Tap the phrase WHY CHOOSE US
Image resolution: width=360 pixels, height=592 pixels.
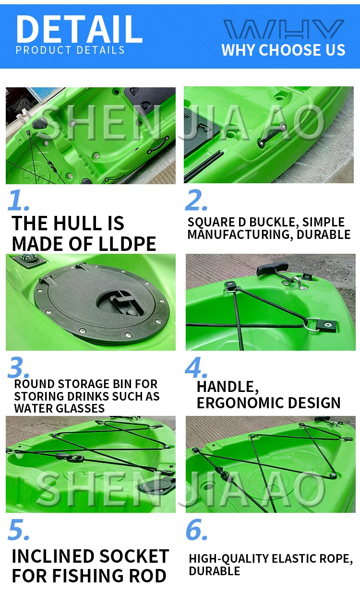283,50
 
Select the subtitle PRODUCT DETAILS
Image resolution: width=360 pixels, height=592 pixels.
70,50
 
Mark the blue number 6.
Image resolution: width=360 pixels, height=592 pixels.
196,529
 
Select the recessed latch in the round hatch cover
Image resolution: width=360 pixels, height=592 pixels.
120,303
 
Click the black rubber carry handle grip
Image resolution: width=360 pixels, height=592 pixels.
273,269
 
